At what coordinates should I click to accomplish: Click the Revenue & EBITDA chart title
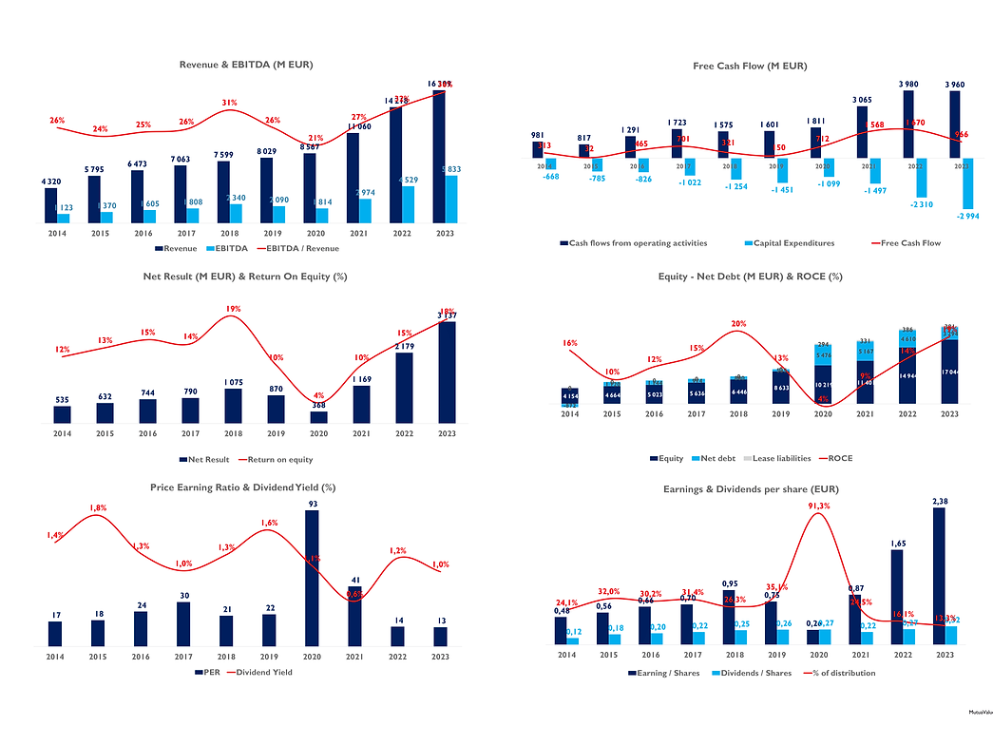pyautogui.click(x=246, y=65)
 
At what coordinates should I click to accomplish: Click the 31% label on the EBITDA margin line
pyautogui.click(x=229, y=103)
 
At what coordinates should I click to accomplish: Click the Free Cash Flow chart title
pyautogui.click(x=750, y=66)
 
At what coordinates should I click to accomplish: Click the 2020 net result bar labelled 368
pyautogui.click(x=319, y=417)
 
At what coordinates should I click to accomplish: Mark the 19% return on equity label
pyautogui.click(x=233, y=309)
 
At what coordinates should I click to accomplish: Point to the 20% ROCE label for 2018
pyautogui.click(x=738, y=323)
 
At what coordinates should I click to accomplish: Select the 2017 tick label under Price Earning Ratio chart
pyautogui.click(x=182, y=656)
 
